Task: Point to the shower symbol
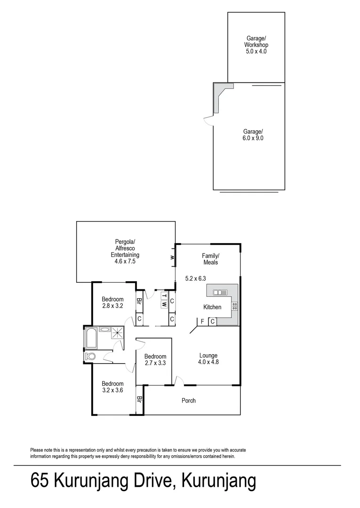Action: [117, 333]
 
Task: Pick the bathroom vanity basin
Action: [104, 330]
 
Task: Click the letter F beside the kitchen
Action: [202, 322]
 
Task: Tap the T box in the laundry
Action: [164, 296]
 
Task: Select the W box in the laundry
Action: [164, 304]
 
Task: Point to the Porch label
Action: [189, 401]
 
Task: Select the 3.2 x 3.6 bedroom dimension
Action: [112, 390]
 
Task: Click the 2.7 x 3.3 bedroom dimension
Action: [155, 363]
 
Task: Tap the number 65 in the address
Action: [40, 482]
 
